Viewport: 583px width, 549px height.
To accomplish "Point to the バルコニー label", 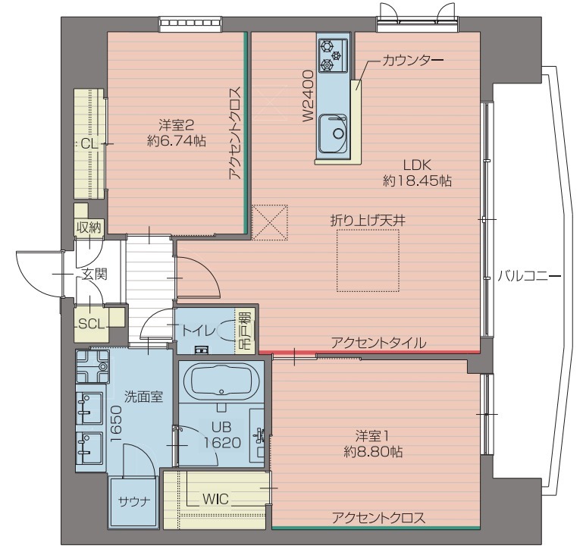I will pyautogui.click(x=528, y=276).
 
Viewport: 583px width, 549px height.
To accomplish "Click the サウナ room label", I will pyautogui.click(x=133, y=501).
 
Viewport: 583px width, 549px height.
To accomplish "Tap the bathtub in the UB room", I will pyautogui.click(x=221, y=381).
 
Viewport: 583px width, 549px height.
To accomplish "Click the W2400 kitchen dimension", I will pyautogui.click(x=308, y=96).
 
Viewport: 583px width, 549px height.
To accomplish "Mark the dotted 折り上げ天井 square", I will pyautogui.click(x=368, y=260).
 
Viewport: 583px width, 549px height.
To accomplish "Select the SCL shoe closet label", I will pyautogui.click(x=90, y=323).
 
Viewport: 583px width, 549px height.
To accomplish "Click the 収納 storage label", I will pyautogui.click(x=88, y=227).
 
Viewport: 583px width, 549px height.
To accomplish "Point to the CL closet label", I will pyautogui.click(x=89, y=143).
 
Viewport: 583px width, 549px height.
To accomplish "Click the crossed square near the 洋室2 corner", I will pyautogui.click(x=270, y=222).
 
